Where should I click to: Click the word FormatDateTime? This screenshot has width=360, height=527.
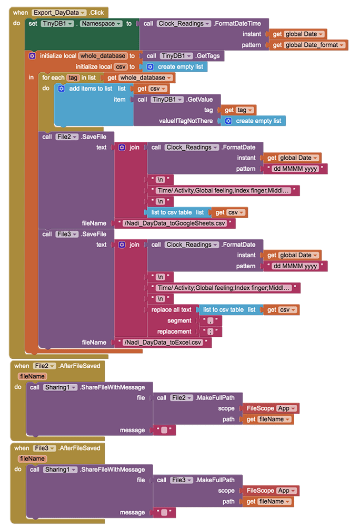coord(241,24)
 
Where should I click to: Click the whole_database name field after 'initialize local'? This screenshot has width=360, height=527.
coord(103,56)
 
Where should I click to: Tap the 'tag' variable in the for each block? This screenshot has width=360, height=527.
coord(72,78)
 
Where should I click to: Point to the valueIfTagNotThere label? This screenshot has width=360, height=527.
coord(186,121)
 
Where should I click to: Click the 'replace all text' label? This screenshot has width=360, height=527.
coord(171,310)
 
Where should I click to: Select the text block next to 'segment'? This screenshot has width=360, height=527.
coord(209,320)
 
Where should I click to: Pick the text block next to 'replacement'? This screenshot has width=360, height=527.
coord(210,331)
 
